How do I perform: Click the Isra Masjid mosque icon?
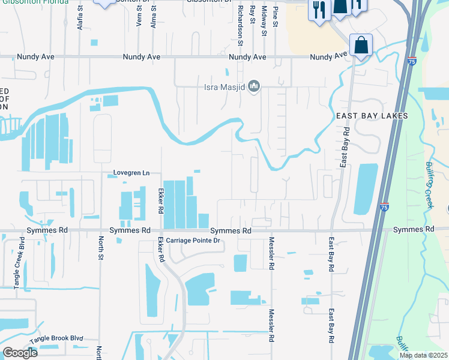[254, 88]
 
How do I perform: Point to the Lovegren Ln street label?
[131, 173]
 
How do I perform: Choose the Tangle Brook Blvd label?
[56, 338]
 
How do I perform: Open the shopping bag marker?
[361, 45]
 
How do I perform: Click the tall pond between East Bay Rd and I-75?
[366, 189]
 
